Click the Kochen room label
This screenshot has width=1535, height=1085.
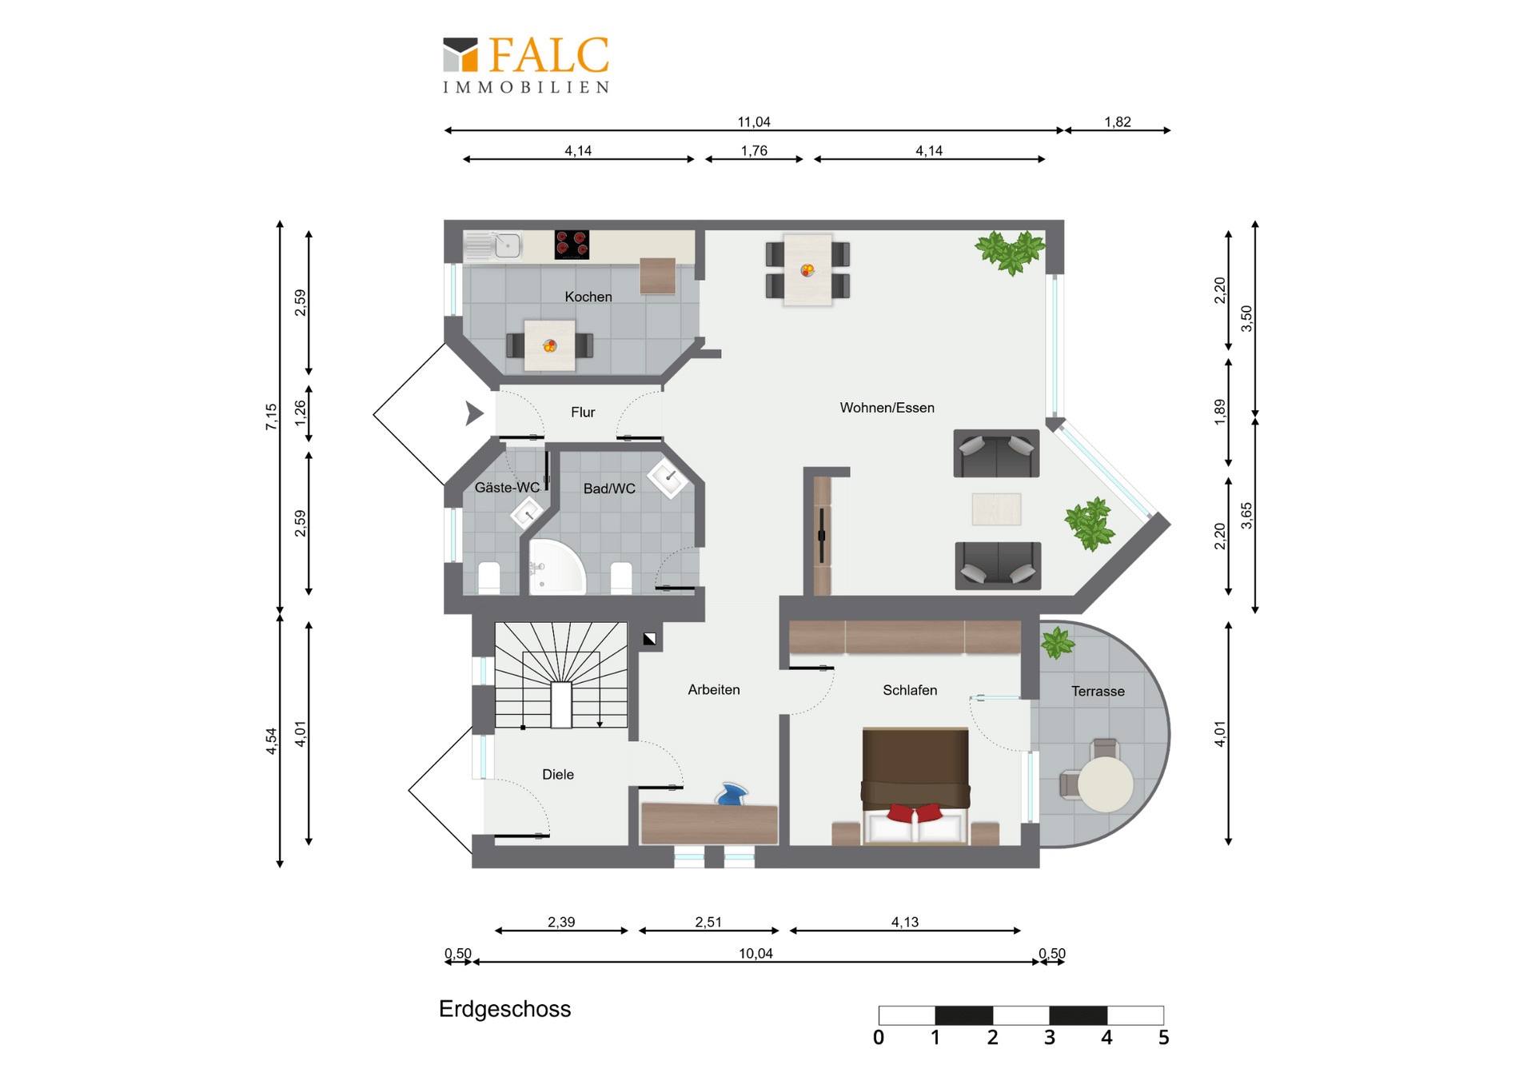point(588,297)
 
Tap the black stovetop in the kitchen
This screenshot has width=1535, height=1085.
point(572,245)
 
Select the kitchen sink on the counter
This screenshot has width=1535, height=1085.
point(492,245)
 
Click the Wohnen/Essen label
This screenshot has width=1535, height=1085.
point(887,408)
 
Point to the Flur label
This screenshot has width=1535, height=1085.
point(583,413)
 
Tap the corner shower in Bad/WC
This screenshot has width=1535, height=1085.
point(556,567)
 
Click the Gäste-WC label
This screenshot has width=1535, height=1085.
point(507,487)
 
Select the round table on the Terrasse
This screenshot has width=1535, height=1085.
point(1105,784)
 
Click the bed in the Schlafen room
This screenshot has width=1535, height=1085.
point(915,786)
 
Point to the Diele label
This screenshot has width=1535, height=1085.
point(558,775)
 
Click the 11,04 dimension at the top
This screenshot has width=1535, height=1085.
point(754,122)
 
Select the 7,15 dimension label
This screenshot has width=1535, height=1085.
point(271,417)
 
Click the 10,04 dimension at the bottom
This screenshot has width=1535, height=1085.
point(756,953)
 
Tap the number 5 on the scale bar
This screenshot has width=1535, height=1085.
point(1163,1038)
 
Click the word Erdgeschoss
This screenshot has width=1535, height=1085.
point(504,1009)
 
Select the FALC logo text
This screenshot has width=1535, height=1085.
point(548,55)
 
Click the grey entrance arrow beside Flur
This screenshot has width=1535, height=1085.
point(475,413)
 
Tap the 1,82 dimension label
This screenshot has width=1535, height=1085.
point(1118,122)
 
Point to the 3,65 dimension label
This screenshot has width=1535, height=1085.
point(1246,516)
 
